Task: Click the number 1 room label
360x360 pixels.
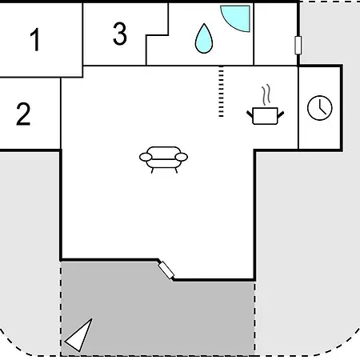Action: coord(35,39)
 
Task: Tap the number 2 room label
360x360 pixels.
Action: coord(23,114)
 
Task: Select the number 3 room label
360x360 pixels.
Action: coord(120,34)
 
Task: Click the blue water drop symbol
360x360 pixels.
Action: coord(204,39)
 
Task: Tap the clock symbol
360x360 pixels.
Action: coord(320,108)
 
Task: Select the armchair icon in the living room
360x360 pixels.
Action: coord(163,159)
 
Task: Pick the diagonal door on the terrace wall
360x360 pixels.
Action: coord(166,270)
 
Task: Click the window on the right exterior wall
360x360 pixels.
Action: coord(298,46)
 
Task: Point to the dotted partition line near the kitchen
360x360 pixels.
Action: coord(221,91)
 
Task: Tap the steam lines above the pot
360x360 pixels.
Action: coord(266,94)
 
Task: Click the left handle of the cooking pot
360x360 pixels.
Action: coord(250,114)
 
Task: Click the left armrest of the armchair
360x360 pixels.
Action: coord(146,158)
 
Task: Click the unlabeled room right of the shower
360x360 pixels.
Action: coord(276,34)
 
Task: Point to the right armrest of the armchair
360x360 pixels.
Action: coord(182,158)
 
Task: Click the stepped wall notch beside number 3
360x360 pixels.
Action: coord(158,34)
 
